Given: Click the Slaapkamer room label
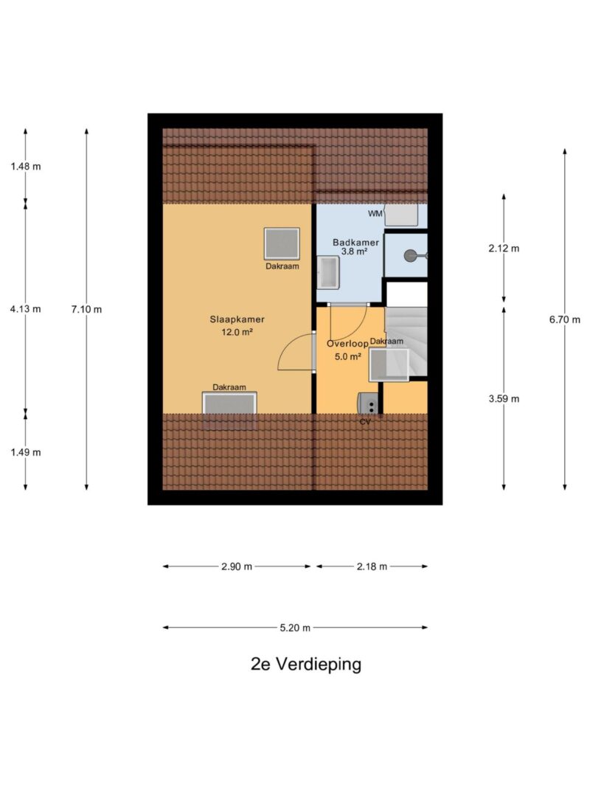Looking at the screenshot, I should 237,319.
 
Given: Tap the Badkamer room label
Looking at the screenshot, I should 356,241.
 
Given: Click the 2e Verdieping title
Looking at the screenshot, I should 306,664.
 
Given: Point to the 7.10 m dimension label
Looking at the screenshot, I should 86,309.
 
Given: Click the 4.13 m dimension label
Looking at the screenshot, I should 26,309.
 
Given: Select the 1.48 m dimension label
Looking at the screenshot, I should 26,166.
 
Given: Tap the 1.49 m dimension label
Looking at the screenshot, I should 26,452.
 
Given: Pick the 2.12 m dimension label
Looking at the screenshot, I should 504,249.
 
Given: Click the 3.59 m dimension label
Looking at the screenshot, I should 504,398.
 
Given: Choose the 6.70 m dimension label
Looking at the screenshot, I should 565,319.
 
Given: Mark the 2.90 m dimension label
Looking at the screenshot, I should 237,566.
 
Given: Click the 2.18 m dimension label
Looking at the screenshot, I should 372,566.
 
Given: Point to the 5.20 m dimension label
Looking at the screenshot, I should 295,628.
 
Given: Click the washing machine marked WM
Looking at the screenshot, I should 402,215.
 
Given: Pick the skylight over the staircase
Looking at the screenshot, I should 389,364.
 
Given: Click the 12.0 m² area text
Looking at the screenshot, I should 237,332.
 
